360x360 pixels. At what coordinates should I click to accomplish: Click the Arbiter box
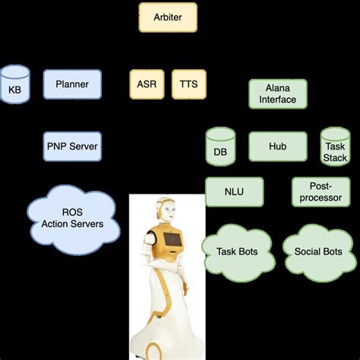(168, 17)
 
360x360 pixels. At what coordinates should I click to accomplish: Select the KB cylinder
(14, 84)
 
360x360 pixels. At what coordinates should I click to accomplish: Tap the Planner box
(72, 84)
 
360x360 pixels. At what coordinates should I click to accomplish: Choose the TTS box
(188, 84)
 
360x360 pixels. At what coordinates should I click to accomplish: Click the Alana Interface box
(279, 93)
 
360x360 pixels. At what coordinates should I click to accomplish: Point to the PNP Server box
(72, 145)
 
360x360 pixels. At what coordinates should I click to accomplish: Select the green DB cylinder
(220, 147)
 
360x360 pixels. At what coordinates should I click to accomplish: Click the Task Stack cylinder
(335, 147)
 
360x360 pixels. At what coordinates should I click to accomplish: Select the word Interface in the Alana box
(279, 99)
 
